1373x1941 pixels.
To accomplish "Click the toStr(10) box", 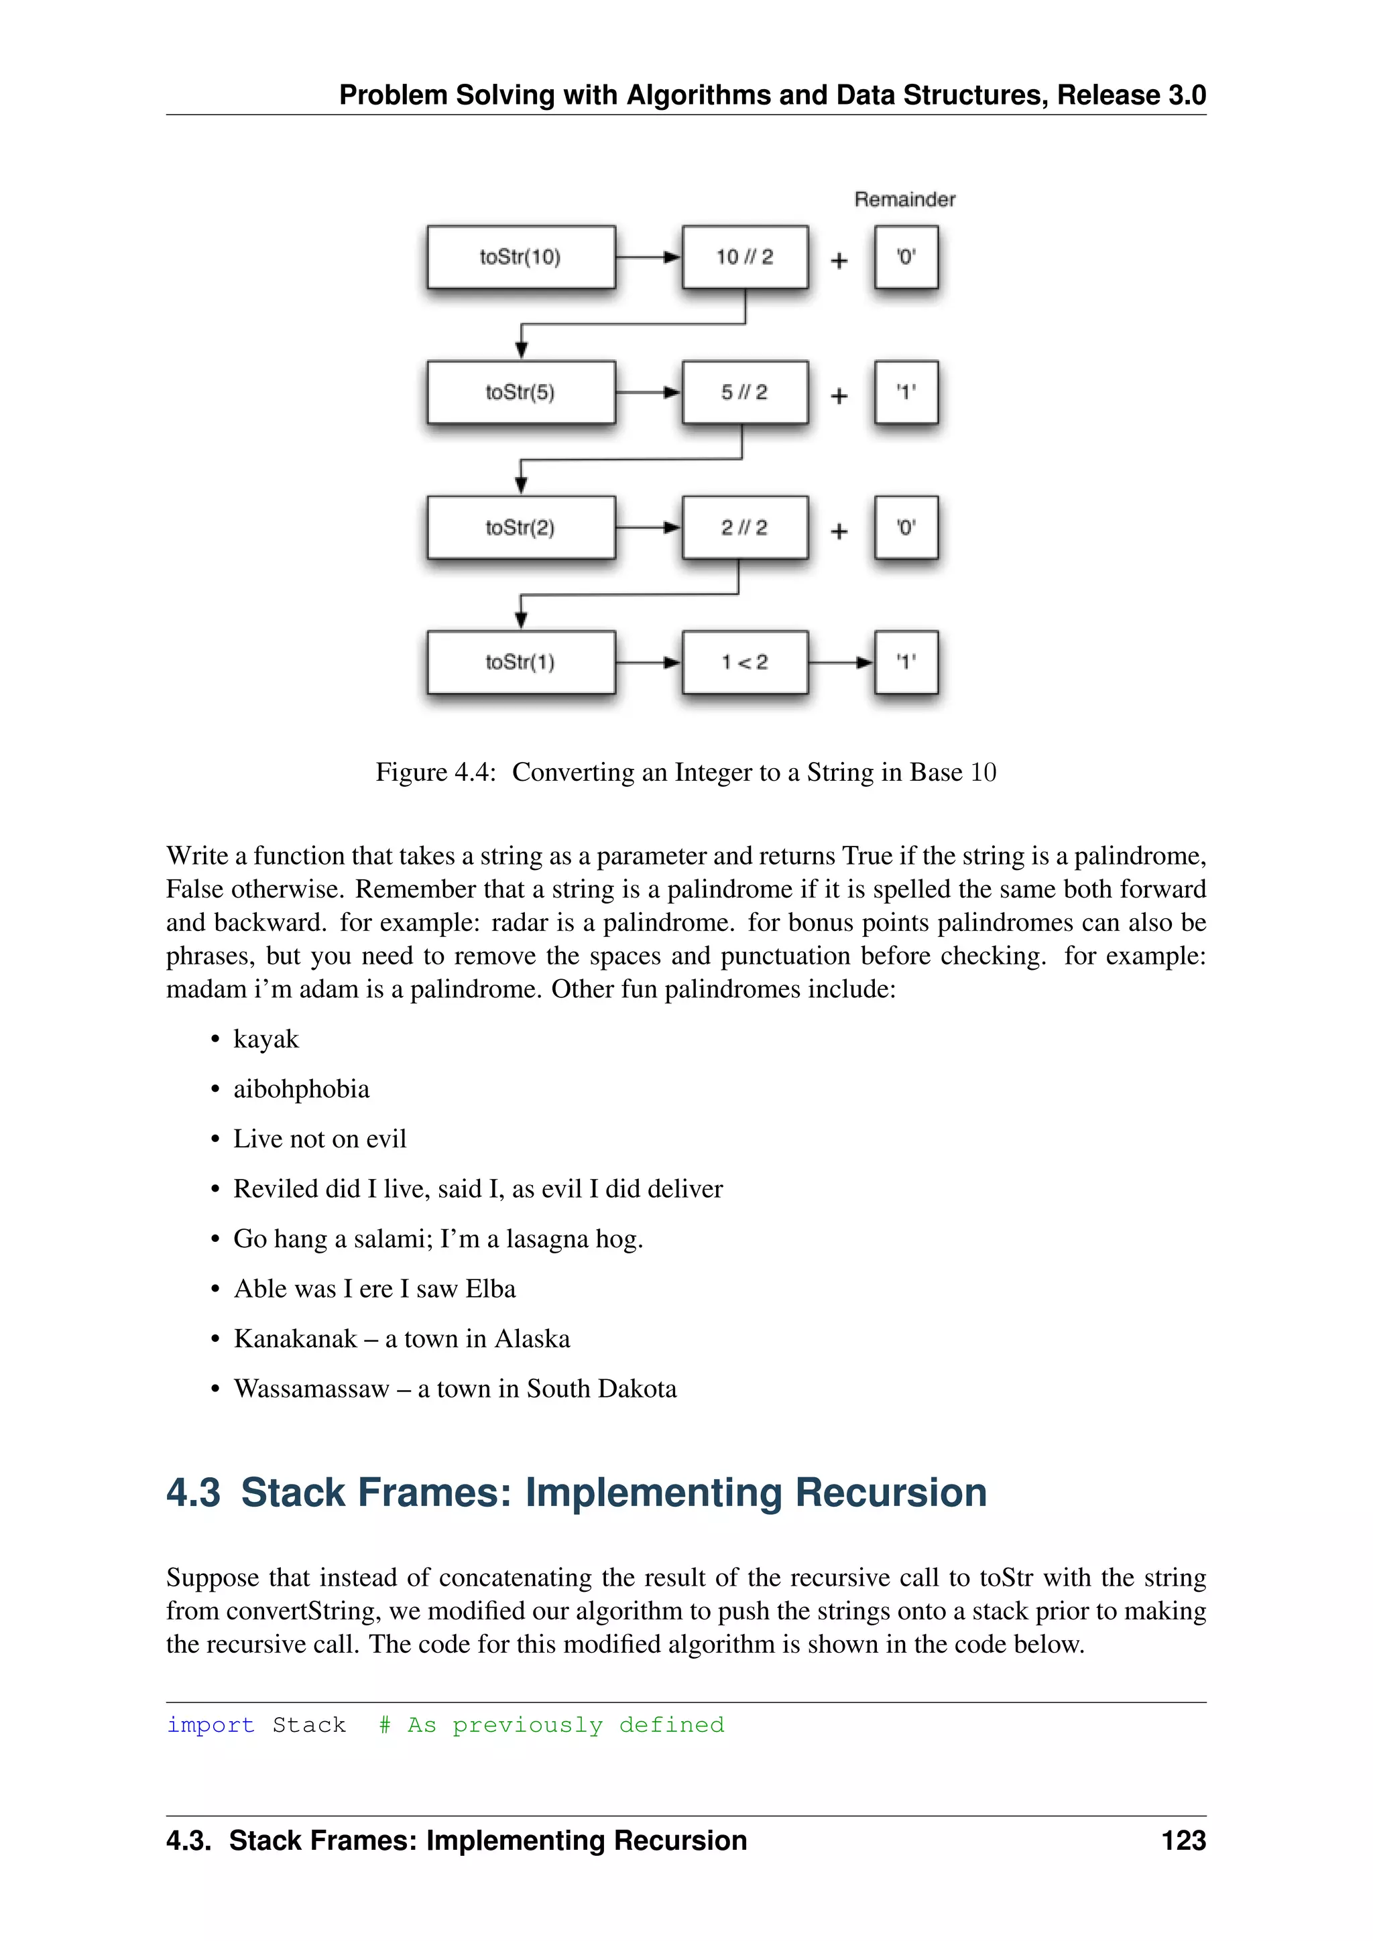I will (x=521, y=257).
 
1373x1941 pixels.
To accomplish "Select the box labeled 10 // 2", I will (x=745, y=257).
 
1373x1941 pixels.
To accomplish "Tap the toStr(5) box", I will (x=521, y=392).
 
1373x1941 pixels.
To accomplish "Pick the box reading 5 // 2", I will (x=745, y=392).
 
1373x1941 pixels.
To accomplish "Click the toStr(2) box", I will (x=521, y=527).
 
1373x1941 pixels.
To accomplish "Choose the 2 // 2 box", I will (x=745, y=527).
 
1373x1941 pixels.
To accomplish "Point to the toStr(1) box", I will (x=521, y=662).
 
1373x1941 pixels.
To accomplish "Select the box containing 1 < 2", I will (x=745, y=662).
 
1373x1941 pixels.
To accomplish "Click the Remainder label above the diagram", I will (x=904, y=200).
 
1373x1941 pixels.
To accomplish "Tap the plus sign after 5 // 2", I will (x=839, y=395).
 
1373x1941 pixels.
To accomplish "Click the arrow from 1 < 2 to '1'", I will (x=841, y=662).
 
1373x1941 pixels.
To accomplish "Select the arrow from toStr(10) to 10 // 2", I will (x=648, y=257).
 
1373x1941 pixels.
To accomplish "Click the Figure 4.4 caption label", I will (x=435, y=772).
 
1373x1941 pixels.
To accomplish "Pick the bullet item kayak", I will (x=265, y=1039).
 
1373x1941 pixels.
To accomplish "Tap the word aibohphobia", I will (x=301, y=1089).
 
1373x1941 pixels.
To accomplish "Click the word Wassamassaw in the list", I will (x=311, y=1389).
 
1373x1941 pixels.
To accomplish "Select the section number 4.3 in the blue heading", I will (x=193, y=1493).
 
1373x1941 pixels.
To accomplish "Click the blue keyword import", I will (x=211, y=1725).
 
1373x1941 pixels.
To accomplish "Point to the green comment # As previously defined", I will (x=551, y=1725).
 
